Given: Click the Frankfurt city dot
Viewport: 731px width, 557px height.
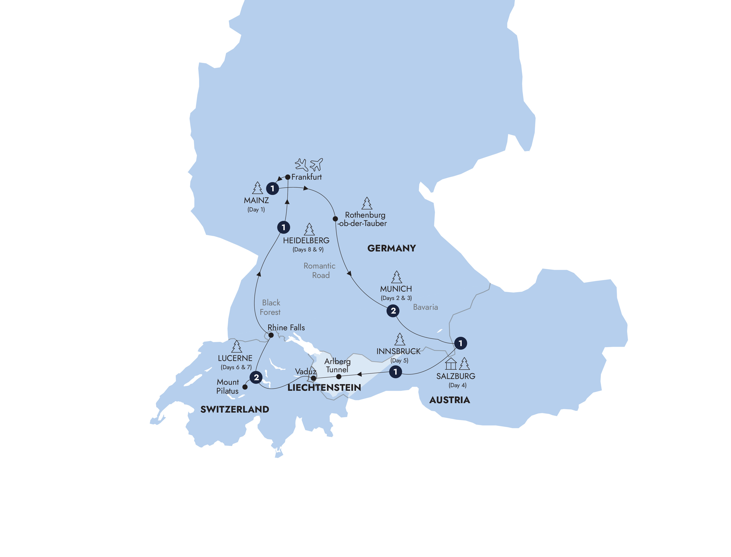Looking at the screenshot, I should click(x=288, y=177).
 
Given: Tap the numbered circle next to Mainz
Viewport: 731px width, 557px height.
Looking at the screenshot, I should click(x=272, y=188).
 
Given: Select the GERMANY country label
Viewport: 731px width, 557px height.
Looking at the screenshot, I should click(x=391, y=248).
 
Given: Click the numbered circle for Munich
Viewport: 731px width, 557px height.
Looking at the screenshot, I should click(x=393, y=311).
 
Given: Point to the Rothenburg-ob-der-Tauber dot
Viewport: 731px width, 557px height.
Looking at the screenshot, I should click(x=335, y=219).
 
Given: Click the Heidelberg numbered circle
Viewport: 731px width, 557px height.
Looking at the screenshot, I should click(x=283, y=227).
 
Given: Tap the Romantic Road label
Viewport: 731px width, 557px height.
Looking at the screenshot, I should click(x=320, y=270).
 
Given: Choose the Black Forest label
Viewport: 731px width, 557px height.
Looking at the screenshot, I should click(x=270, y=307).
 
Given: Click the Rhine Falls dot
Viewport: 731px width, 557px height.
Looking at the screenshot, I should click(x=271, y=335).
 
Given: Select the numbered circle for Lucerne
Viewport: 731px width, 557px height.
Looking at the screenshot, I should click(x=256, y=377).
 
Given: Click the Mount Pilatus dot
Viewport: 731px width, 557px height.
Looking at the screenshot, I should click(x=245, y=387).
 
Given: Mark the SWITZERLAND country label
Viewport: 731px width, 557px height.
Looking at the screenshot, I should click(x=235, y=409).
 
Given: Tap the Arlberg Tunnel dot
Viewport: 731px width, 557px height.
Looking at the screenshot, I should click(x=338, y=377).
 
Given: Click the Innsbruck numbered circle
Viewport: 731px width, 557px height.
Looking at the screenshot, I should click(x=395, y=372).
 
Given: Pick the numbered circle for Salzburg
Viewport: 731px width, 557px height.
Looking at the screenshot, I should click(x=460, y=343).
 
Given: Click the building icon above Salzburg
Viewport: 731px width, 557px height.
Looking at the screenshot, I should click(x=451, y=364).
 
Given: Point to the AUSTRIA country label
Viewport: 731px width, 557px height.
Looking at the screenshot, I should click(x=450, y=400).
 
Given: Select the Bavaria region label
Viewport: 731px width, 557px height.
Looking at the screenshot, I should click(x=425, y=307).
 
